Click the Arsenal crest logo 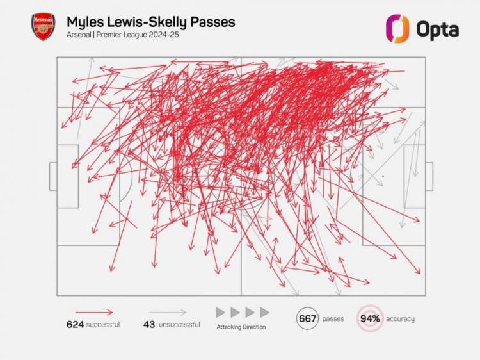click(x=44, y=27)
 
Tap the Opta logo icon click(x=397, y=28)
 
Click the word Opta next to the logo click(x=437, y=29)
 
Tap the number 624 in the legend click(x=76, y=325)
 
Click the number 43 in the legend click(x=149, y=325)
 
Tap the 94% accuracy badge click(x=370, y=319)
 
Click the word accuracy click(x=400, y=319)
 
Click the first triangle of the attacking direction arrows click(x=220, y=313)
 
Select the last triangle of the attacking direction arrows click(x=264, y=313)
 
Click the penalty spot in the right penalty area click(x=383, y=176)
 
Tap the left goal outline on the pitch click(x=53, y=176)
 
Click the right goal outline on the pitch click(x=429, y=176)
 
